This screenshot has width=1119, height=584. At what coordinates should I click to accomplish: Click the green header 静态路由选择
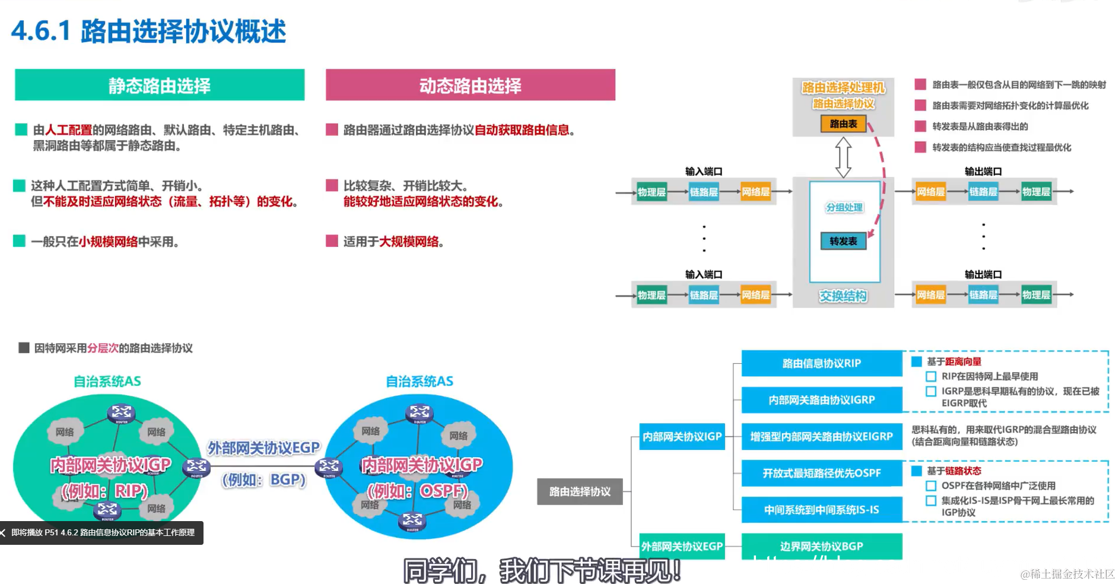[x=159, y=85]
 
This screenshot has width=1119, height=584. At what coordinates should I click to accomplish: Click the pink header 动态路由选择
[x=470, y=85]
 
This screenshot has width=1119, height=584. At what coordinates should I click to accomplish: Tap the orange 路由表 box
[x=843, y=123]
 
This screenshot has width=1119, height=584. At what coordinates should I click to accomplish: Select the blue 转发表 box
[x=843, y=241]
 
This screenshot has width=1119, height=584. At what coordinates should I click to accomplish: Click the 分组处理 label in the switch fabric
[x=844, y=207]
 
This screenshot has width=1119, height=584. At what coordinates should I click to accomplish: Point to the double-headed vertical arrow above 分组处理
[x=843, y=157]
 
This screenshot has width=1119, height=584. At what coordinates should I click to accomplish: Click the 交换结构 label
[x=843, y=296]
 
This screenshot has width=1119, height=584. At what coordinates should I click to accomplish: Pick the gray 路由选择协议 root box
[x=580, y=491]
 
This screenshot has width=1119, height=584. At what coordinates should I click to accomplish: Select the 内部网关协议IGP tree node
[x=682, y=436]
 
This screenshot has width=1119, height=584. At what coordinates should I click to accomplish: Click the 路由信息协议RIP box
[x=821, y=363]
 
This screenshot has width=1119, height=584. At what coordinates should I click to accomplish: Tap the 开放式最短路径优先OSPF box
[x=821, y=473]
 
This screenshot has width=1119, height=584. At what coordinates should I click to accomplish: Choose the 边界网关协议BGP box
[x=821, y=546]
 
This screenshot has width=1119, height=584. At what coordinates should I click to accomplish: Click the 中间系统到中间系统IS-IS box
[x=821, y=510]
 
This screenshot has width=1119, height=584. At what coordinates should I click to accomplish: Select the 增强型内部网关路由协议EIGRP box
[x=821, y=436]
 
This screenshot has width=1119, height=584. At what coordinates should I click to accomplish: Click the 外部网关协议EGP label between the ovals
[x=263, y=447]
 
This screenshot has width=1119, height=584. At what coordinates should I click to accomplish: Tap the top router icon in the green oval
[x=121, y=412]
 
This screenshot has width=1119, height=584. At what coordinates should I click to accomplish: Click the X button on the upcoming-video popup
[x=4, y=533]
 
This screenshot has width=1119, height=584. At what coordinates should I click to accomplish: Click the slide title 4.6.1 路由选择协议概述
[x=148, y=31]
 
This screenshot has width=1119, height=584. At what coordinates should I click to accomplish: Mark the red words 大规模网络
[x=409, y=242]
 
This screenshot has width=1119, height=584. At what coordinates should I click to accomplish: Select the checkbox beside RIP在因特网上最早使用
[x=931, y=376]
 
